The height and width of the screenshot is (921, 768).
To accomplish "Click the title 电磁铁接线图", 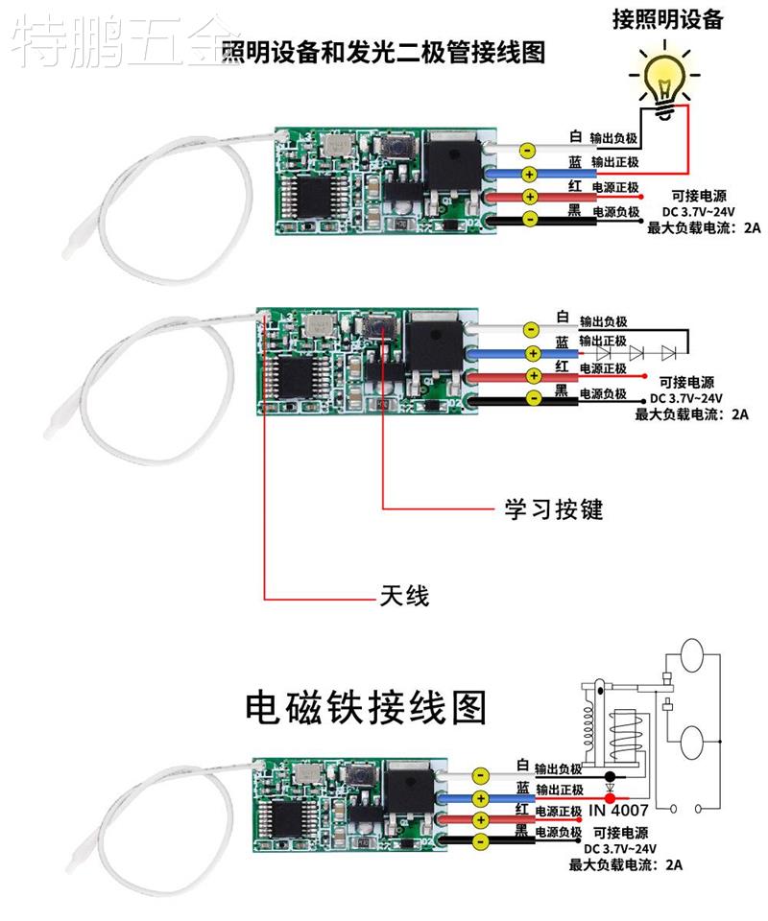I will pos(366,707).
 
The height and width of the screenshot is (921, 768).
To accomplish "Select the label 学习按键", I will pos(554,508).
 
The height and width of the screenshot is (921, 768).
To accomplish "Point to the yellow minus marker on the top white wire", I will pos(527,151).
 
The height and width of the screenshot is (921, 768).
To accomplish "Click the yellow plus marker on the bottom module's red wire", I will pos(480,818).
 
